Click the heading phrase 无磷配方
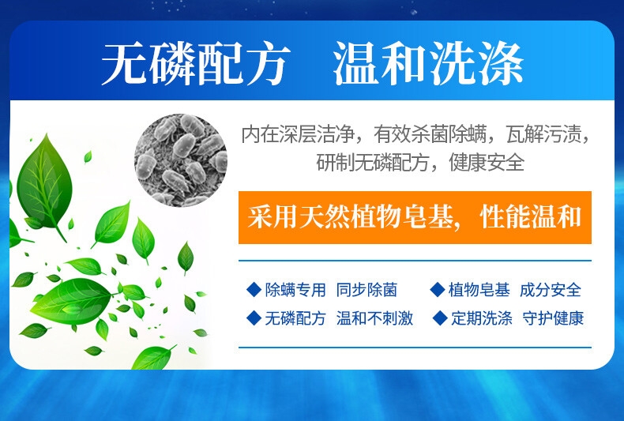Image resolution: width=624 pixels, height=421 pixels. point(196,64)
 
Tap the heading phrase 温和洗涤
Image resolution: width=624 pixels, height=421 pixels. point(428,64)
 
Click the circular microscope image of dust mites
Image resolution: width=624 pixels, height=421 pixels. point(181,160)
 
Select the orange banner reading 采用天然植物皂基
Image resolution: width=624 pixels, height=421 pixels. point(415,217)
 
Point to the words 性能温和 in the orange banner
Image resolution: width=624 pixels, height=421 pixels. point(531,217)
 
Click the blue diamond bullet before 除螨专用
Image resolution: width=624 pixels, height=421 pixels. point(254,290)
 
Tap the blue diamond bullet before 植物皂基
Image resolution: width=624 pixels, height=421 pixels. point(438,290)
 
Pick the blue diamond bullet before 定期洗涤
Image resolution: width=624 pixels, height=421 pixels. point(440,318)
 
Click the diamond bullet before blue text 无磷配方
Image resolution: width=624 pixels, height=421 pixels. point(254,318)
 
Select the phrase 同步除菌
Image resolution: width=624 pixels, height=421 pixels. point(367,290)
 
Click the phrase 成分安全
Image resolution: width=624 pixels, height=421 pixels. point(551,290)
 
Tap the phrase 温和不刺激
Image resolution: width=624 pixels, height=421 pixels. point(374,319)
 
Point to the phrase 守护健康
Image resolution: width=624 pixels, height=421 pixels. point(553,319)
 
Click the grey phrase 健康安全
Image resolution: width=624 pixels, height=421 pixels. point(487,163)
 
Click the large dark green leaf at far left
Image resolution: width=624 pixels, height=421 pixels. point(44,183)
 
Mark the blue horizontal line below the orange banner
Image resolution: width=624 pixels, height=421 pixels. point(415,261)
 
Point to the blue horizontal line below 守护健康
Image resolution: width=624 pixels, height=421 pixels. point(415,348)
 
